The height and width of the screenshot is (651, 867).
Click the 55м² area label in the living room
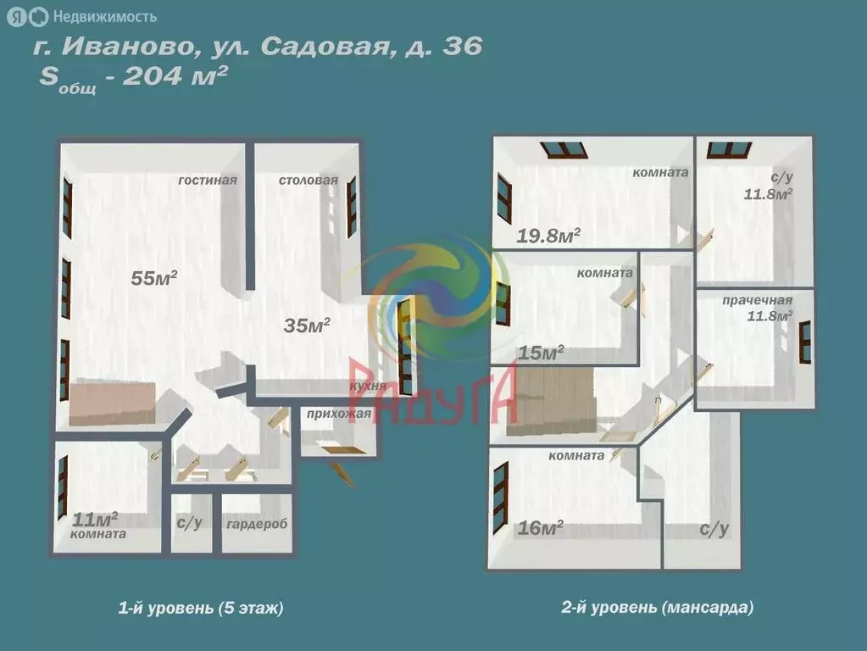point(153,278)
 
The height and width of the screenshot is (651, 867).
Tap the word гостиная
point(207,181)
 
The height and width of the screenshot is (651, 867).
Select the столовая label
point(308,181)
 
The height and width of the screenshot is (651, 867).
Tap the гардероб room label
point(257,524)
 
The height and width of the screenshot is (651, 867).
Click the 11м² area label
point(95,518)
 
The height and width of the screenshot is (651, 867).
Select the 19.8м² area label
point(548,236)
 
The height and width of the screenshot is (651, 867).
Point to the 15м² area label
point(541,353)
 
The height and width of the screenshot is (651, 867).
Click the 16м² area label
point(541,529)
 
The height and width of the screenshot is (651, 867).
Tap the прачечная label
point(757,300)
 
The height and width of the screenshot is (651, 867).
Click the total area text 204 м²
point(175,76)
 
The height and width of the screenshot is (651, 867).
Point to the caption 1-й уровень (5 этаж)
point(201,608)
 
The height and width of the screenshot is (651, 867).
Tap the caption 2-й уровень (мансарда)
point(657,608)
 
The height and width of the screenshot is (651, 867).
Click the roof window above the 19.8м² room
point(564,150)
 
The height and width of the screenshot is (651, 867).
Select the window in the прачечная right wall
point(805,342)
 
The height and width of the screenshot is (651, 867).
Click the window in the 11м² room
point(63,487)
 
